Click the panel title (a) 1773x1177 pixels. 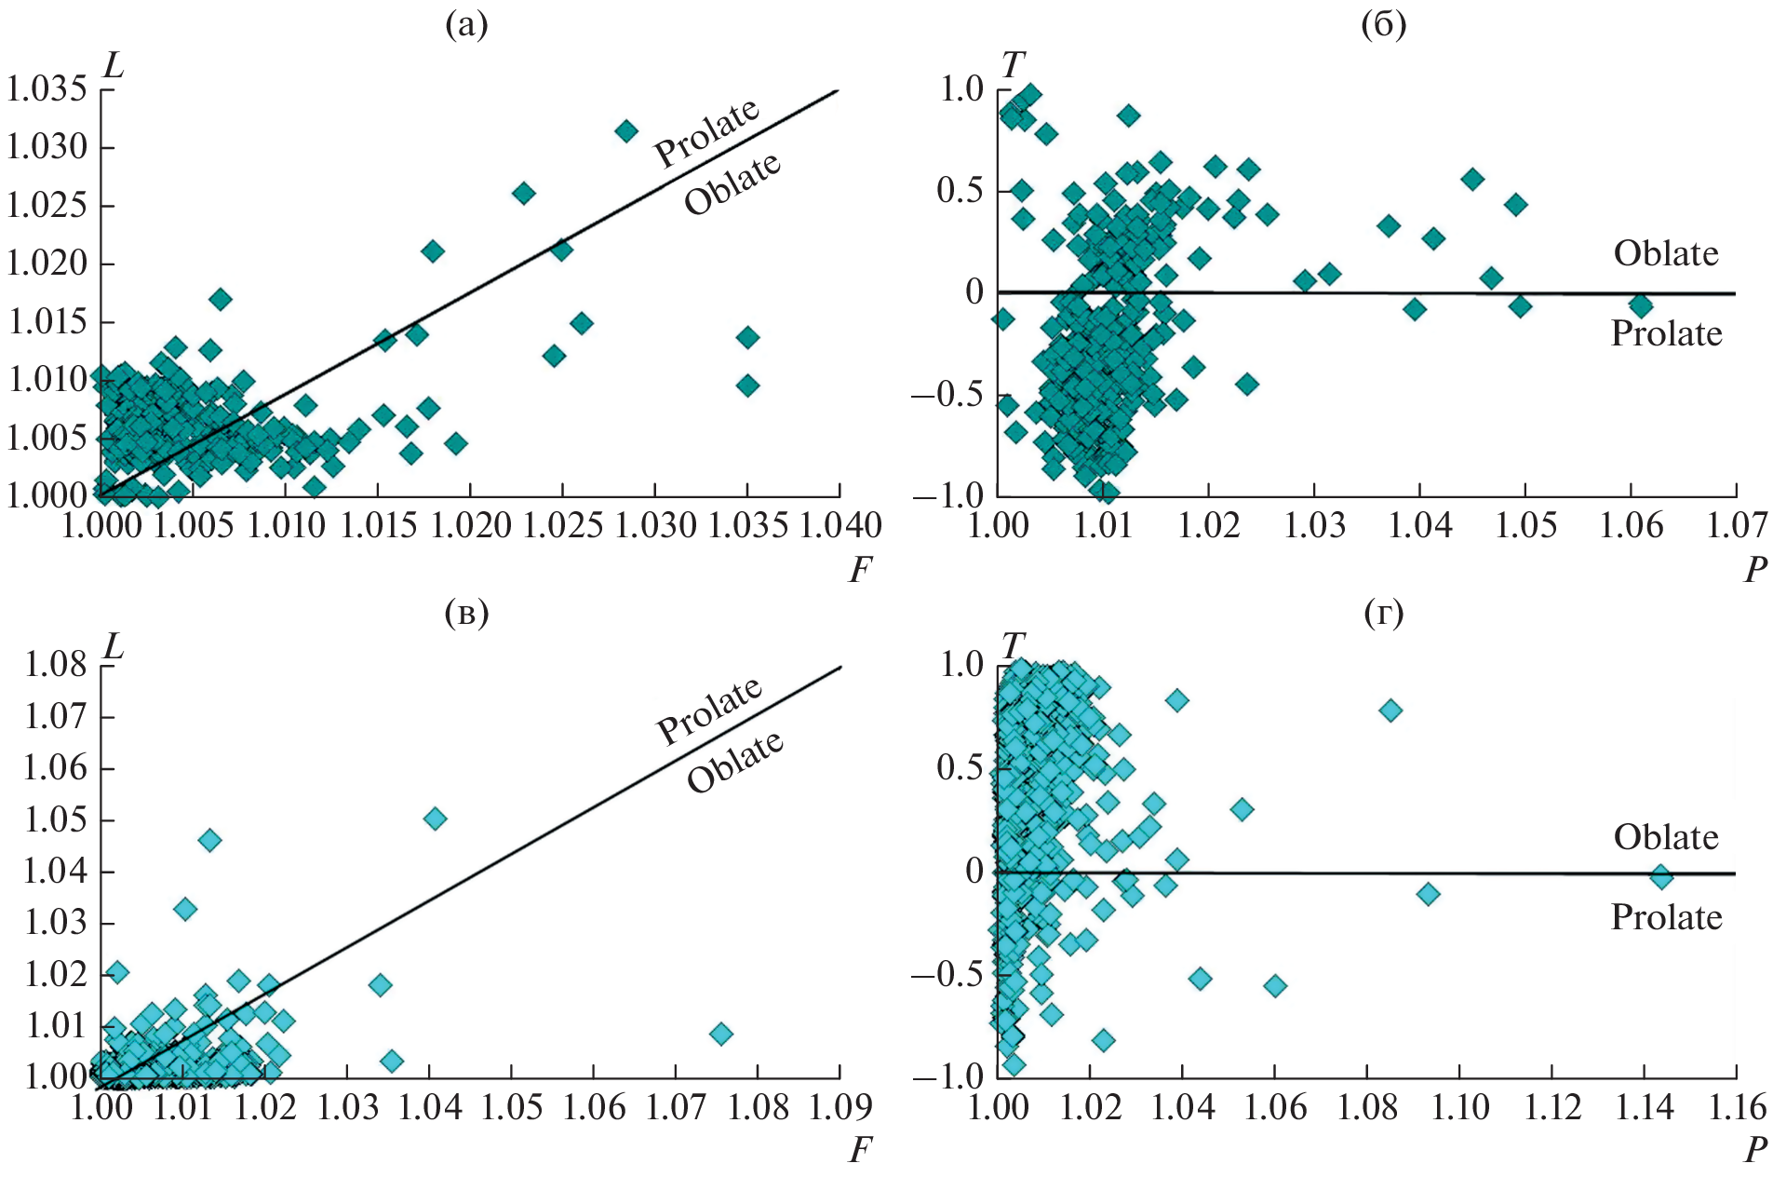tap(466, 25)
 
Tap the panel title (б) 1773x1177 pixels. tap(1383, 25)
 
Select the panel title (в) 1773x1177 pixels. tap(466, 612)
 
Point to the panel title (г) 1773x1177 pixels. tap(1383, 612)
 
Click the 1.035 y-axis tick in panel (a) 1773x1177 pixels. tap(47, 89)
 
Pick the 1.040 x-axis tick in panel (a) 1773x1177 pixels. tap(840, 526)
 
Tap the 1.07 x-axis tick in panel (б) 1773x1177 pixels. tap(1736, 526)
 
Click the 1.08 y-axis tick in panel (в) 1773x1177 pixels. tap(56, 665)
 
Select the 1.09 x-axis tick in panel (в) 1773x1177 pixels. tap(840, 1107)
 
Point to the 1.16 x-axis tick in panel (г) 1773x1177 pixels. tap(1736, 1107)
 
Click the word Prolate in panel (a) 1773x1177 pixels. tap(707, 132)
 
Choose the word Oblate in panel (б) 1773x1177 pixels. tap(1666, 253)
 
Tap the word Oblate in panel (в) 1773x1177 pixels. tap(735, 761)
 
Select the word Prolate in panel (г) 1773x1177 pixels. tap(1666, 917)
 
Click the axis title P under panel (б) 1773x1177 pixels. tap(1755, 569)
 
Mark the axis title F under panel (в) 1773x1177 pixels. tap(860, 1151)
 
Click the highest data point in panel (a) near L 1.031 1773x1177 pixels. tap(626, 131)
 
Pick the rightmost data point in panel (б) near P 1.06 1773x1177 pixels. tap(1640, 304)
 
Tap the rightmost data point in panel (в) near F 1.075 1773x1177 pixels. tap(720, 1034)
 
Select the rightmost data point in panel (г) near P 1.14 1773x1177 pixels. tap(1661, 876)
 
